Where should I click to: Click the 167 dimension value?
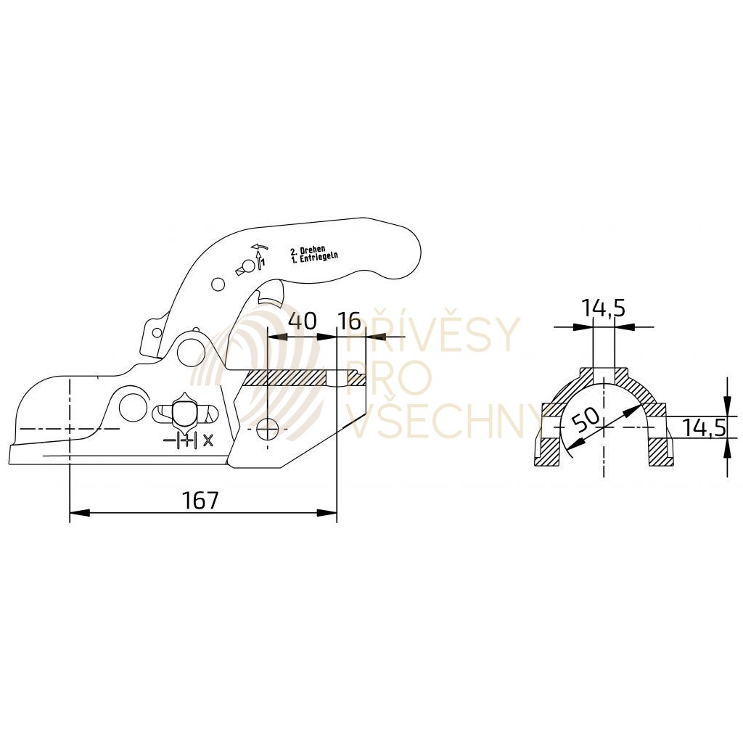pyautogui.click(x=200, y=500)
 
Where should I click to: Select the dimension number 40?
pyautogui.click(x=302, y=321)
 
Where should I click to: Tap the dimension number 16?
pyautogui.click(x=350, y=321)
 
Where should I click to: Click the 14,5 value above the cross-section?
pyautogui.click(x=603, y=308)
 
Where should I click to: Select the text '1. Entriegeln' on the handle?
pyautogui.click(x=314, y=258)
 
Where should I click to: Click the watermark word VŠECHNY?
pyautogui.click(x=444, y=421)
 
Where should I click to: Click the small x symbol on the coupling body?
pyautogui.click(x=209, y=439)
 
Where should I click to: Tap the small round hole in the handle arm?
pyautogui.click(x=217, y=284)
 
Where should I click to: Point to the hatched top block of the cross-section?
pyautogui.click(x=604, y=375)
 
